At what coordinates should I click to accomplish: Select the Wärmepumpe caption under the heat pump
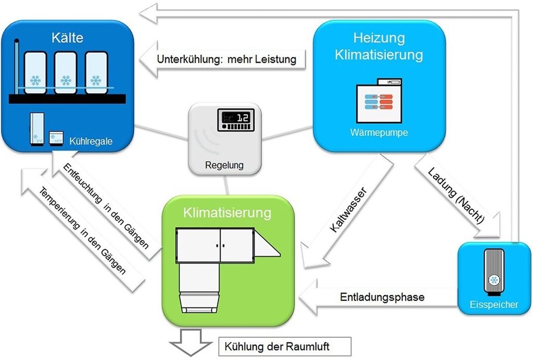pos(379,133)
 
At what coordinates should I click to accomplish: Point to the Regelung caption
pos(224,166)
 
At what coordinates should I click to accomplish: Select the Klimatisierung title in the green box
pos(227,213)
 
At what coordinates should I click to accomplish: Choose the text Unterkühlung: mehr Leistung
pos(226,59)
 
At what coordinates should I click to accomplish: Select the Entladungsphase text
pos(382,297)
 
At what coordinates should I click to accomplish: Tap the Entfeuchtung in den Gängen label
pos(106,205)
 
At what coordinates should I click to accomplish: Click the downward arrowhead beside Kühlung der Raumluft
pos(192,347)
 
